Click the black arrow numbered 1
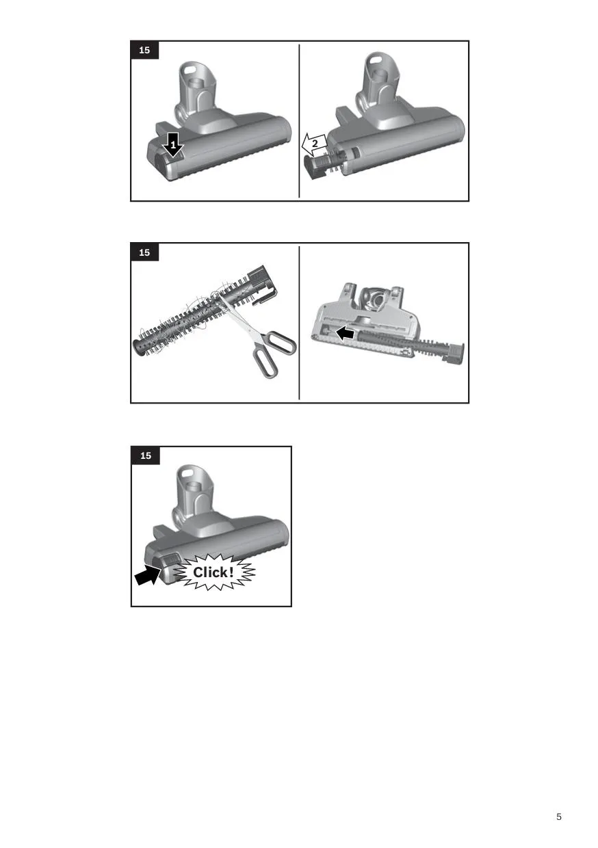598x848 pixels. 174,145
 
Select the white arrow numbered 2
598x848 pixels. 314,144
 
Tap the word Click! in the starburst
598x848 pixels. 213,572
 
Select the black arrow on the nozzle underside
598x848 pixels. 345,333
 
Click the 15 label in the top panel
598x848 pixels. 144,50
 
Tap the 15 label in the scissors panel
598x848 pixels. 144,252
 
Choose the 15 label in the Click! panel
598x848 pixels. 146,455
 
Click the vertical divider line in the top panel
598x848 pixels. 299,121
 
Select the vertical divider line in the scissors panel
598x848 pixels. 299,323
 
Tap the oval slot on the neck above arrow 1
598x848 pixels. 190,70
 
